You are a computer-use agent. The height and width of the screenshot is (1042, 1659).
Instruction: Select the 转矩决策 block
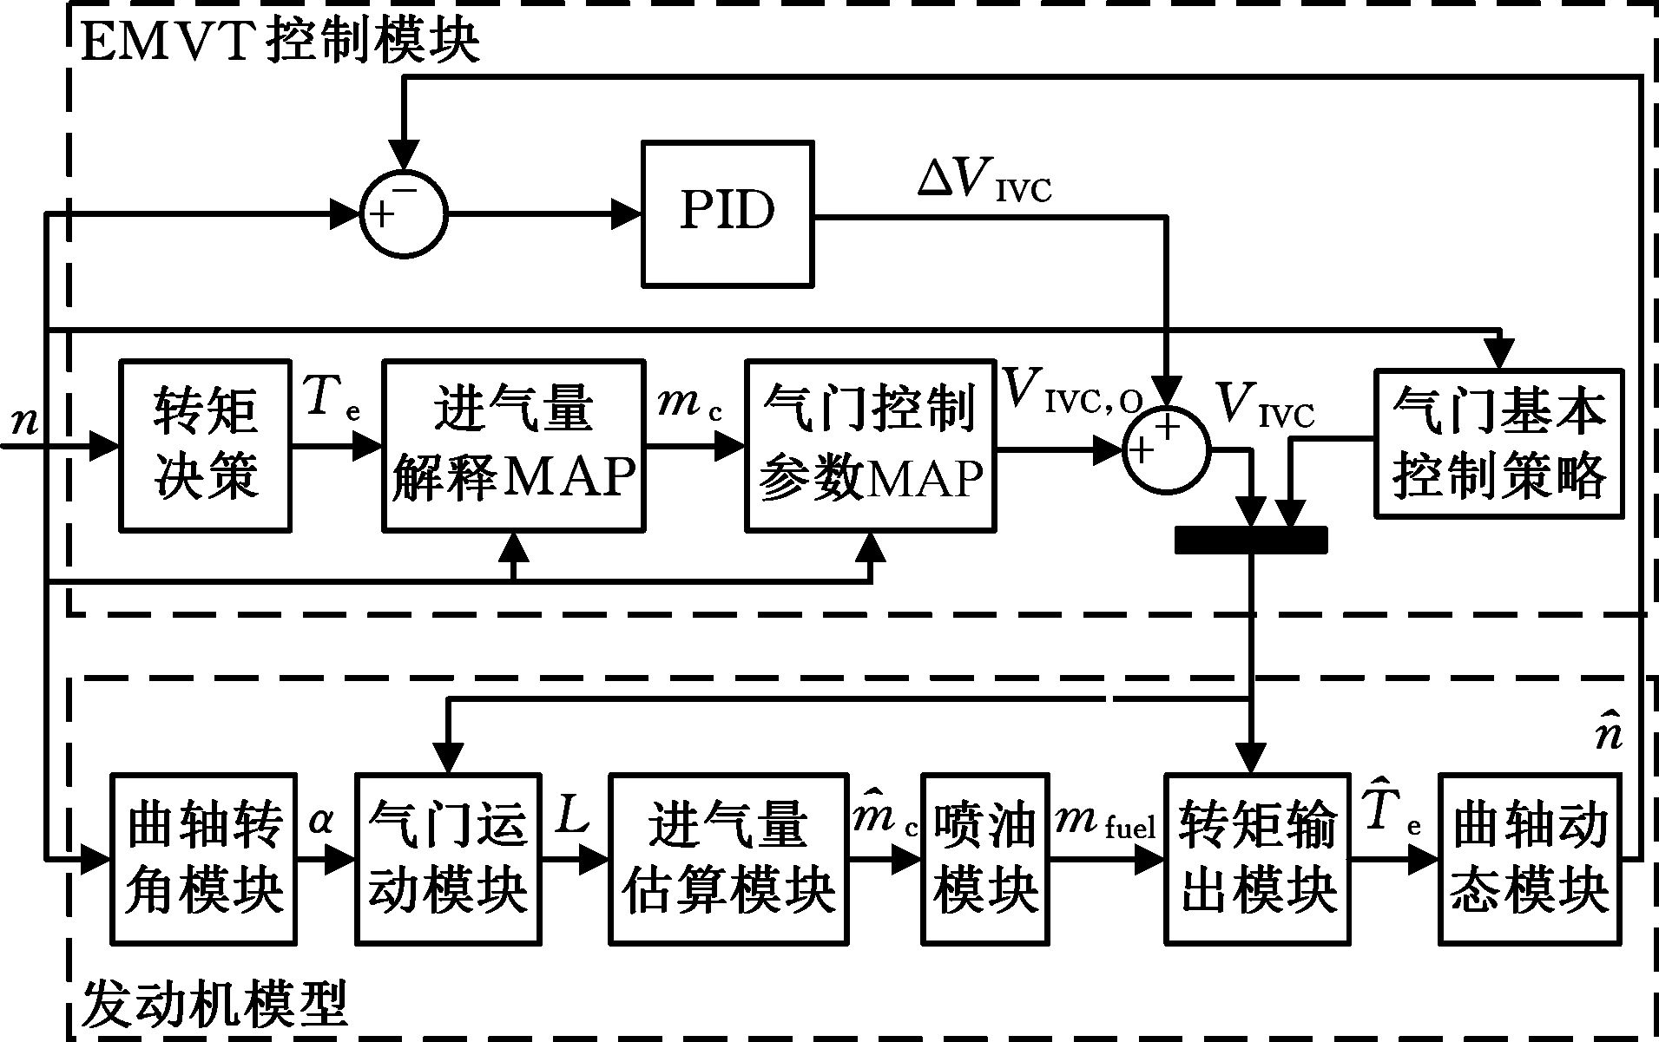(205, 445)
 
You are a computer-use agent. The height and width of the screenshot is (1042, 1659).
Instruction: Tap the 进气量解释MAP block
(514, 445)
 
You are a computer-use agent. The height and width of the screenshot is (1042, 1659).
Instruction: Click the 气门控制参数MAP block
(871, 445)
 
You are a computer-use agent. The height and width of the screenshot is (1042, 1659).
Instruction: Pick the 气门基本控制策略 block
(1499, 445)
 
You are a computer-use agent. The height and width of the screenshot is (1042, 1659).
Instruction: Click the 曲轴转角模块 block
(205, 858)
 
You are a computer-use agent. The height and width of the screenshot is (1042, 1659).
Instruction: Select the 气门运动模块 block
(448, 858)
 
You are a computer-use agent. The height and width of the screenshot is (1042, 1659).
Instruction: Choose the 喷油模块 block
(985, 858)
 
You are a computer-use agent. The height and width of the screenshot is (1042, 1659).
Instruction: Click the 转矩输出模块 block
(1257, 858)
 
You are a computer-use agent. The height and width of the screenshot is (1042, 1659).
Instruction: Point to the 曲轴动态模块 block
(1530, 858)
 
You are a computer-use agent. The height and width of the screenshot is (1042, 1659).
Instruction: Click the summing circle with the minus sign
(404, 214)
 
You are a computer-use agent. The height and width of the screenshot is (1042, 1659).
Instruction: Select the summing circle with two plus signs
(1166, 449)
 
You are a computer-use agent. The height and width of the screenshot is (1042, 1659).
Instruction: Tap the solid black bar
(1251, 540)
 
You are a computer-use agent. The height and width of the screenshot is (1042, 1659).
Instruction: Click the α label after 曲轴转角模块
(320, 820)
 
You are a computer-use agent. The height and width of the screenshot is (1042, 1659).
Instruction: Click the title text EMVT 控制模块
(280, 40)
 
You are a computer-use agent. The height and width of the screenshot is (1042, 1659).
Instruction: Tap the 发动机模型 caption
(215, 1004)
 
